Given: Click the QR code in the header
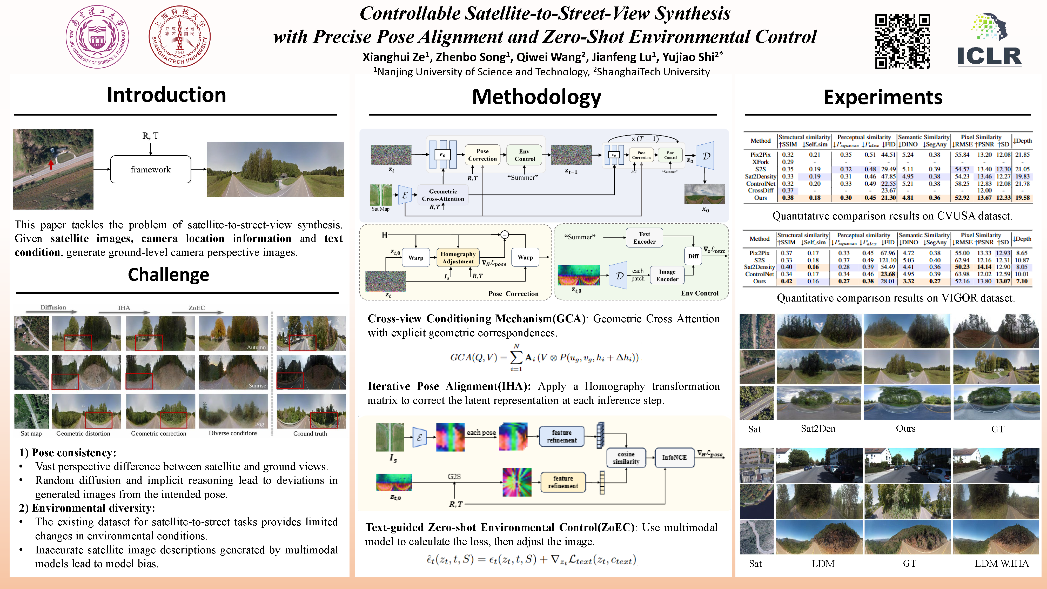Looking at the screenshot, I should pyautogui.click(x=902, y=42).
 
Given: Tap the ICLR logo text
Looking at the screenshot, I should pyautogui.click(x=989, y=56).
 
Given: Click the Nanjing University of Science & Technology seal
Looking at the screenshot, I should pyautogui.click(x=97, y=37).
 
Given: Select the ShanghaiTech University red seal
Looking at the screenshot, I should pyautogui.click(x=179, y=37).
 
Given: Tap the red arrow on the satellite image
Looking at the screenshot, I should pyautogui.click(x=51, y=164).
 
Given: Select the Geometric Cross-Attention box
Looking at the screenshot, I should pyautogui.click(x=443, y=195).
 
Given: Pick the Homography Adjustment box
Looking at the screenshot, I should pyautogui.click(x=458, y=258).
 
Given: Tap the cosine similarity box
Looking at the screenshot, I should pyautogui.click(x=626, y=458).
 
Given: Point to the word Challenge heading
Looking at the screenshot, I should pyautogui.click(x=168, y=275).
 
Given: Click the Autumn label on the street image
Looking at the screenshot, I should pyautogui.click(x=256, y=347).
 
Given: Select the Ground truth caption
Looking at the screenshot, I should pyautogui.click(x=310, y=434).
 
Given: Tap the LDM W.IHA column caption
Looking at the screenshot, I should pyautogui.click(x=1002, y=563).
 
